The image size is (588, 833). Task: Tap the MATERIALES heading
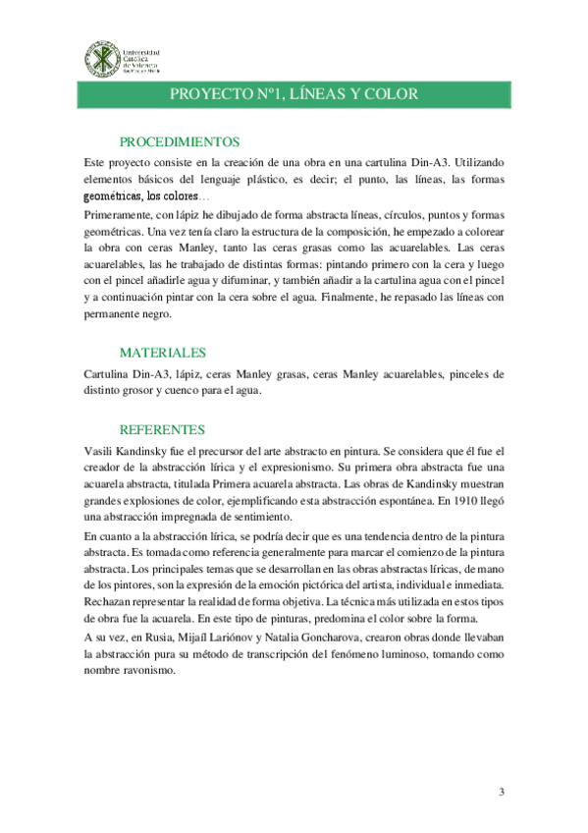pos(162,352)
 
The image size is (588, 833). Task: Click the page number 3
pos(501,792)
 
